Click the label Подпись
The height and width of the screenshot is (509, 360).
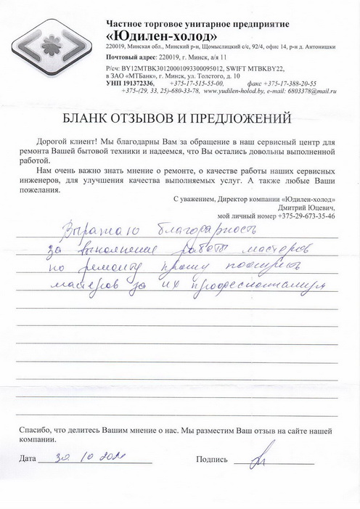coord(212,460)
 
